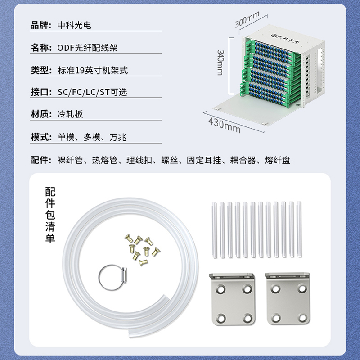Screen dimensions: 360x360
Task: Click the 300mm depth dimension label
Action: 247,19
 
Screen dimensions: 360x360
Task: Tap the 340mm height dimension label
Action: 220,63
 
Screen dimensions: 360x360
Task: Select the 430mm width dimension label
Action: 225,126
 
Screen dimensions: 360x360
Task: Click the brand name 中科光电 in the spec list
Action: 74,25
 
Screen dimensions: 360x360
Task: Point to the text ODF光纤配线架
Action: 87,48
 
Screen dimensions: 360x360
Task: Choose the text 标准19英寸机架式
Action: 93,70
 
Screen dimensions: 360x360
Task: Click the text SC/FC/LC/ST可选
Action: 92,92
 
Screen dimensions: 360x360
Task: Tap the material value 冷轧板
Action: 70,114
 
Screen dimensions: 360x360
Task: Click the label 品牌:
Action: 41,25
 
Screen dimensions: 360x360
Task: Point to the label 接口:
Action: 41,92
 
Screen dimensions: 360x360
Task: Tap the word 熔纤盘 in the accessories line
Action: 277,160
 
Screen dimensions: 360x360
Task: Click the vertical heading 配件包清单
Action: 50,215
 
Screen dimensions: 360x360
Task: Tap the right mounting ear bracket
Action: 288,299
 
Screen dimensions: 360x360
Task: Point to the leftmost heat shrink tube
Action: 214,230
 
